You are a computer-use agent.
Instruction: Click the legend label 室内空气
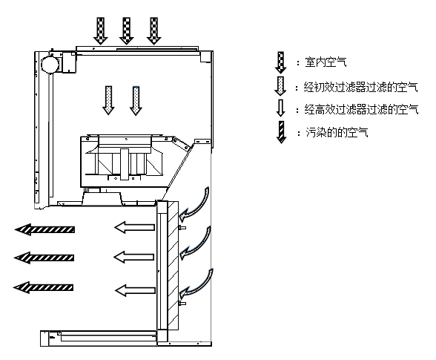[326, 62]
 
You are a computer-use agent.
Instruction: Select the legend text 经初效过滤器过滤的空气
[360, 87]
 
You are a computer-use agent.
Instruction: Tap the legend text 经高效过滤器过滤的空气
[361, 109]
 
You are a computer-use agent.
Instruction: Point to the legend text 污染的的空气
[337, 132]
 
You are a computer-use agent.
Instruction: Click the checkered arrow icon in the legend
[281, 62]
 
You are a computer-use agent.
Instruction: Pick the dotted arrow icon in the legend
[280, 86]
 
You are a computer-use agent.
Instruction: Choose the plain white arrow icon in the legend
[281, 108]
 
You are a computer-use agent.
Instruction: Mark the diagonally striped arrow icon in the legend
[282, 132]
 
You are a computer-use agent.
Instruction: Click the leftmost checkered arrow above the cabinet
[100, 31]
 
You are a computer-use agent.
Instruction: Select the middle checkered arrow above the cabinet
[127, 31]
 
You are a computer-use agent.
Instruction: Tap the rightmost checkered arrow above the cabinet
[153, 31]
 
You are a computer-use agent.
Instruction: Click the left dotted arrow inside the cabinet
[108, 100]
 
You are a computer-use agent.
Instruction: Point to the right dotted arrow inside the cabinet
[136, 101]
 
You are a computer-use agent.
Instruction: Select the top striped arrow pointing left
[44, 229]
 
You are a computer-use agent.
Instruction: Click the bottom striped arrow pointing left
[43, 287]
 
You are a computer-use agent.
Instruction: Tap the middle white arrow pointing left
[134, 257]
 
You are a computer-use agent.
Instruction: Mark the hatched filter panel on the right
[173, 265]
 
